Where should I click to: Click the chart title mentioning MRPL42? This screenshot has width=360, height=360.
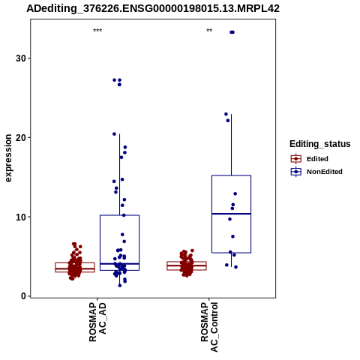point(153,8)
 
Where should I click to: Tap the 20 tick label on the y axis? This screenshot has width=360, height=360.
point(21,137)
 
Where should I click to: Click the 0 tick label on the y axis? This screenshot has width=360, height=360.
point(24,296)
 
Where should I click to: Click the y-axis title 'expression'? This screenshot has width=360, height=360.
point(8,158)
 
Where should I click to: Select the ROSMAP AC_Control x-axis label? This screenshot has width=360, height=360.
point(209,327)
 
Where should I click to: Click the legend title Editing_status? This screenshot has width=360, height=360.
point(320,144)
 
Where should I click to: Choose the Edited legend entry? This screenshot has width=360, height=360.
point(310,159)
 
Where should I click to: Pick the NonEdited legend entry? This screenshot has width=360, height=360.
point(316,172)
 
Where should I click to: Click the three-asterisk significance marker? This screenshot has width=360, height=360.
point(97,31)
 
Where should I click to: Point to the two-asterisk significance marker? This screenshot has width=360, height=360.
point(209,31)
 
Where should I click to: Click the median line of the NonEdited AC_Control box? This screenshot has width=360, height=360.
point(232,214)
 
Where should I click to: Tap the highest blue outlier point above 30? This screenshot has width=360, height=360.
point(232,32)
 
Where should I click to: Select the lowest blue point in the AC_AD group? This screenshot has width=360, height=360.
point(120,286)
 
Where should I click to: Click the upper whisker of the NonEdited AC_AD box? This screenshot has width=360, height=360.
point(119,175)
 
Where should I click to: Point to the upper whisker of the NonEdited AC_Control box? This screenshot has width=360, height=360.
point(232,145)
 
